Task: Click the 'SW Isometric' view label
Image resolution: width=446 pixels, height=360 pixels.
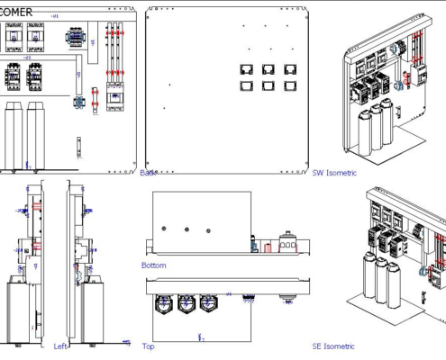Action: click(334, 173)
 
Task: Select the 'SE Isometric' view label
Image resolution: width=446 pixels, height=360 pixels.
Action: click(333, 346)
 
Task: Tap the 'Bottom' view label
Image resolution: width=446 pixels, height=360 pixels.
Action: click(153, 265)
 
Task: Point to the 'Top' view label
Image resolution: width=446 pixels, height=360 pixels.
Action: click(149, 346)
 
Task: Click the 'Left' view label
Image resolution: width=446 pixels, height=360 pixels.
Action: click(60, 346)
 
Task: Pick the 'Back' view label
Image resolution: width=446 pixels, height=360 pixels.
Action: click(149, 173)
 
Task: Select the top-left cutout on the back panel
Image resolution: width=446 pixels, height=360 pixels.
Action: click(245, 69)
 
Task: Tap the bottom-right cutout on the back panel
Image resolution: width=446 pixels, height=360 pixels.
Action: click(291, 86)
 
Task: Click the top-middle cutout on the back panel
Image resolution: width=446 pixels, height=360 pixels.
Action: click(269, 69)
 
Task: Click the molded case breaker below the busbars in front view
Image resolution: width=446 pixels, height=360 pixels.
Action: click(114, 95)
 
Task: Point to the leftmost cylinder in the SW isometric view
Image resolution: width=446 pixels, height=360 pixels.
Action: click(363, 131)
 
